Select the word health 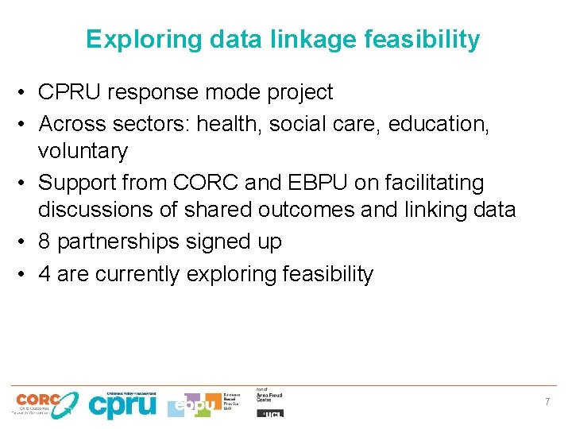[230, 123]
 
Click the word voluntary [83, 151]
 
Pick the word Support [76, 183]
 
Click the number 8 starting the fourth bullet [45, 242]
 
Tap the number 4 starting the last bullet [45, 274]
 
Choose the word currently [137, 274]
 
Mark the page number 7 [547, 402]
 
